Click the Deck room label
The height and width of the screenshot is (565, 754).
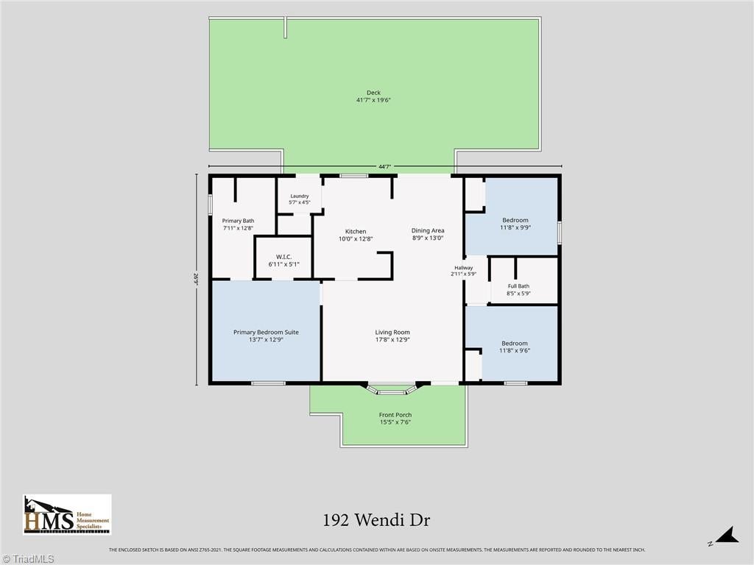373,96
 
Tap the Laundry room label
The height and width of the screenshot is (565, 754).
299,199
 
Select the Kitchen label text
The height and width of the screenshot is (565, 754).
356,235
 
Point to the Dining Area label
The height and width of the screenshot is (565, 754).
428,234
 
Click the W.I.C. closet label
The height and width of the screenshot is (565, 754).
283,260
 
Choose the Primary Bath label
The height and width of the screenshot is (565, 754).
238,224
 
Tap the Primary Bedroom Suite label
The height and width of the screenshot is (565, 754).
266,335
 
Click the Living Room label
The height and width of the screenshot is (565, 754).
392,335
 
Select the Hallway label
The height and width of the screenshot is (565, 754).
464,271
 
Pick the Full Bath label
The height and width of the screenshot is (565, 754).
518,290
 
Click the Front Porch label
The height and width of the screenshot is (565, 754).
395,419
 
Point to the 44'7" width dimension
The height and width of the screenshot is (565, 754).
384,167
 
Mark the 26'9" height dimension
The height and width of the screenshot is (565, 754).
196,279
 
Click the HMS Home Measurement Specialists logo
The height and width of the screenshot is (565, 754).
67,514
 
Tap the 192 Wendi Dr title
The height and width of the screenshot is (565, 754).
376,520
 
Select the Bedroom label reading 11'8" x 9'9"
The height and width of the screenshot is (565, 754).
515,224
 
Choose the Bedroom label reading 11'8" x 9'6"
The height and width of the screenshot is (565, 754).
515,347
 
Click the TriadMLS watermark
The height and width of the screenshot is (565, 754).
27,559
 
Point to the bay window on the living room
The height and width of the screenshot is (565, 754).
391,388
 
